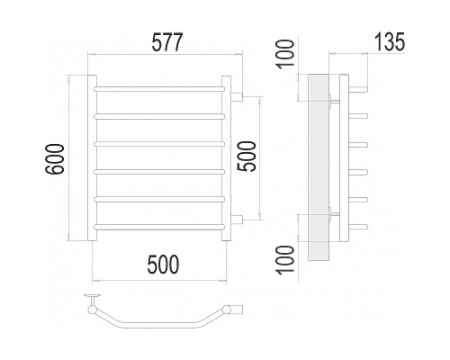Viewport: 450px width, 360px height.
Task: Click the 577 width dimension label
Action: [167, 42]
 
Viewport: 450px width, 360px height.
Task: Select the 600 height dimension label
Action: [55, 159]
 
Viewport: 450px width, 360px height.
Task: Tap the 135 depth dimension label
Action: [390, 41]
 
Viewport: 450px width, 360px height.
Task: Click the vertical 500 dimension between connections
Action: [247, 157]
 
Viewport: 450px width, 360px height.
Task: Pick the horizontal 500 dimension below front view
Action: [163, 265]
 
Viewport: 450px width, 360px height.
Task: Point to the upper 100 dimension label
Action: [285, 54]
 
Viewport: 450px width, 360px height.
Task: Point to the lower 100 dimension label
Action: [285, 260]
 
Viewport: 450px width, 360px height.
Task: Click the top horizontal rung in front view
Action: [159, 89]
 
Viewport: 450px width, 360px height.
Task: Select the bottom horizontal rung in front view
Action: [159, 227]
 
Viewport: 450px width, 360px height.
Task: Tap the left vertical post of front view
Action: [92, 157]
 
